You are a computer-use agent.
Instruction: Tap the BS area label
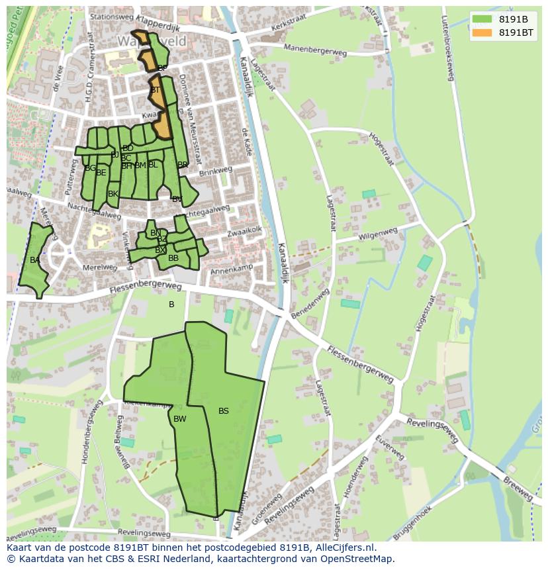click(x=224, y=411)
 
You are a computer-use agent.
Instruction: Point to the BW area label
click(x=179, y=419)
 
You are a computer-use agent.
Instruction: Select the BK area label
click(x=113, y=194)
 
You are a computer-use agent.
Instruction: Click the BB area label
click(x=173, y=258)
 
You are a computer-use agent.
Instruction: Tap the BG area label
click(x=90, y=168)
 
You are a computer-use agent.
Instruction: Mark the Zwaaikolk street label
click(x=245, y=231)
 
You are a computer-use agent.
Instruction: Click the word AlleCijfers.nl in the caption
click(x=343, y=548)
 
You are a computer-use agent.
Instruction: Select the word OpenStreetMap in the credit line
click(x=358, y=559)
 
